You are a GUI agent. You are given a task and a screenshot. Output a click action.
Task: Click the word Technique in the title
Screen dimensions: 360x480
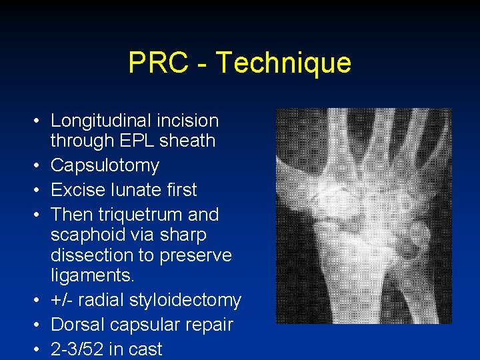tap(284, 63)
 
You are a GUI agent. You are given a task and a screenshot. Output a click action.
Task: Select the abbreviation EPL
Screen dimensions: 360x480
tap(129, 141)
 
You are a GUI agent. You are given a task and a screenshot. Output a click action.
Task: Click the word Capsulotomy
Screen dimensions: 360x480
tap(105, 165)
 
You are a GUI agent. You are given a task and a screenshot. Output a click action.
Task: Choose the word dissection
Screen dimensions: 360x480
tap(91, 255)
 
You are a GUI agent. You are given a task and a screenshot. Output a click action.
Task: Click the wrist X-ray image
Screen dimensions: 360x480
tap(363, 216)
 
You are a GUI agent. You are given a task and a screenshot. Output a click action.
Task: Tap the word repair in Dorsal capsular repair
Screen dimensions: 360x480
tap(211, 325)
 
